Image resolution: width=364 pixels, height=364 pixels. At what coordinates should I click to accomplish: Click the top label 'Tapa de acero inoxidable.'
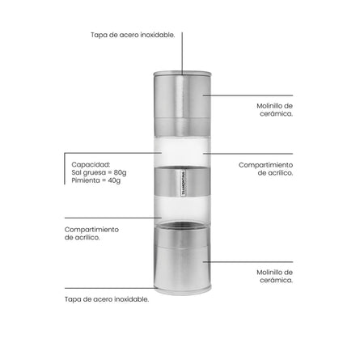click(133, 35)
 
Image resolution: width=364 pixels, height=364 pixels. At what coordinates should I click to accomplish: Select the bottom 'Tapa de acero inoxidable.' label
click(107, 299)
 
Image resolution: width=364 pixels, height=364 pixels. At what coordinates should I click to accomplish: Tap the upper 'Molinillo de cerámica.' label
click(274, 110)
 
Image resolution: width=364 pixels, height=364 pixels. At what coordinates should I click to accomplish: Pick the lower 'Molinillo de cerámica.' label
click(274, 276)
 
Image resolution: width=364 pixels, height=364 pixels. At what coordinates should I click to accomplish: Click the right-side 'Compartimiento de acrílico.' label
click(265, 169)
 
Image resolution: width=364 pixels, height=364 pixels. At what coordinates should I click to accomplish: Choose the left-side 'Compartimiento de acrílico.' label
click(91, 234)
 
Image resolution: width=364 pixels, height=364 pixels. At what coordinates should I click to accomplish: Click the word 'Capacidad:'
click(91, 164)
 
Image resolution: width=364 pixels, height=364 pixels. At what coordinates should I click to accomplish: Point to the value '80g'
click(120, 172)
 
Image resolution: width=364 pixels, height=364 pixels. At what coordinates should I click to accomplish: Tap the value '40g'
click(114, 180)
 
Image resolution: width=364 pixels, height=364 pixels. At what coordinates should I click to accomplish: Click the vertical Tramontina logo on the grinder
click(184, 183)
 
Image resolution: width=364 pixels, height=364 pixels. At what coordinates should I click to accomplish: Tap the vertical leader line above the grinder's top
click(182, 53)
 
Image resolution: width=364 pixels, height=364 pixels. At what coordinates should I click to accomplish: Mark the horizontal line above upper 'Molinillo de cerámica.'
click(248, 95)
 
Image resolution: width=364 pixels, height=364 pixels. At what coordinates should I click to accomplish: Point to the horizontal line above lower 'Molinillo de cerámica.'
click(248, 261)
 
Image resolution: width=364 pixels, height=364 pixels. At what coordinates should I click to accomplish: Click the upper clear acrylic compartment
click(182, 151)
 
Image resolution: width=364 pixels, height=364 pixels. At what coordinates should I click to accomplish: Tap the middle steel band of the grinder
click(182, 181)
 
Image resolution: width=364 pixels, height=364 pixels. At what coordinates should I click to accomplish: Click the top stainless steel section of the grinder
click(182, 104)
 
